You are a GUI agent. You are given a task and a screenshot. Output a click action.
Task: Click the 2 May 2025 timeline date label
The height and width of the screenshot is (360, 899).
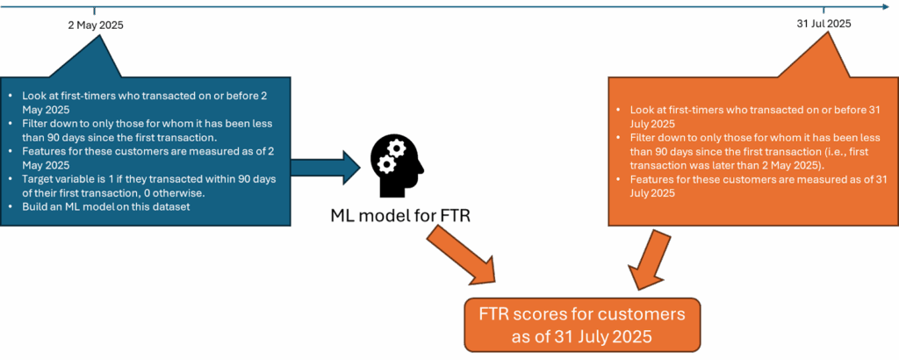[x=96, y=25]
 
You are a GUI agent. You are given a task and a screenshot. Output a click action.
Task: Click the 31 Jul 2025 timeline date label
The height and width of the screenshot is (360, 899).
[x=823, y=24]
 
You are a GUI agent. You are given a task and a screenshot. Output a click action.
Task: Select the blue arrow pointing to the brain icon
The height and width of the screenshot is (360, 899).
[x=325, y=165]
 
